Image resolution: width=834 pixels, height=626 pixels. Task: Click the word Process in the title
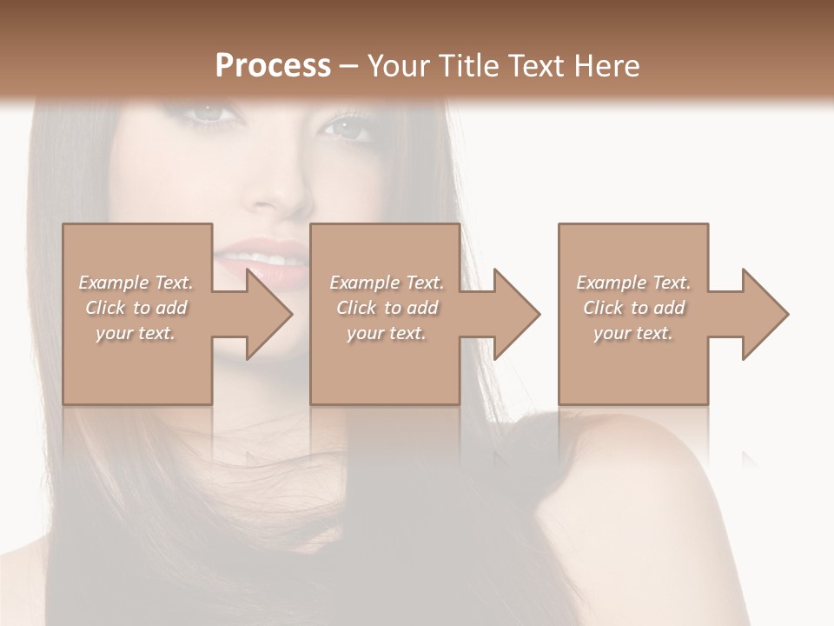(x=273, y=66)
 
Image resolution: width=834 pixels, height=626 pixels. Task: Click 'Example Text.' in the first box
(x=136, y=283)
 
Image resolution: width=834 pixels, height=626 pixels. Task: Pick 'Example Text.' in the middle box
(x=387, y=283)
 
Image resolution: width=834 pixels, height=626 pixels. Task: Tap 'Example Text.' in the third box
(x=633, y=283)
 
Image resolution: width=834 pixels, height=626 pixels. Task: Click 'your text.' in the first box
(x=136, y=333)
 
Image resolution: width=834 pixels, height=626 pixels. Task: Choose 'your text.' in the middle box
(x=387, y=333)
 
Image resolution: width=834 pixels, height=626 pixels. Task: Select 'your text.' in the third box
(x=633, y=333)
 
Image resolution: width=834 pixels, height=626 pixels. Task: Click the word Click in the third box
(x=603, y=308)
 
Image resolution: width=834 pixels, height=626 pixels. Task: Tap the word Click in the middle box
(x=356, y=308)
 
